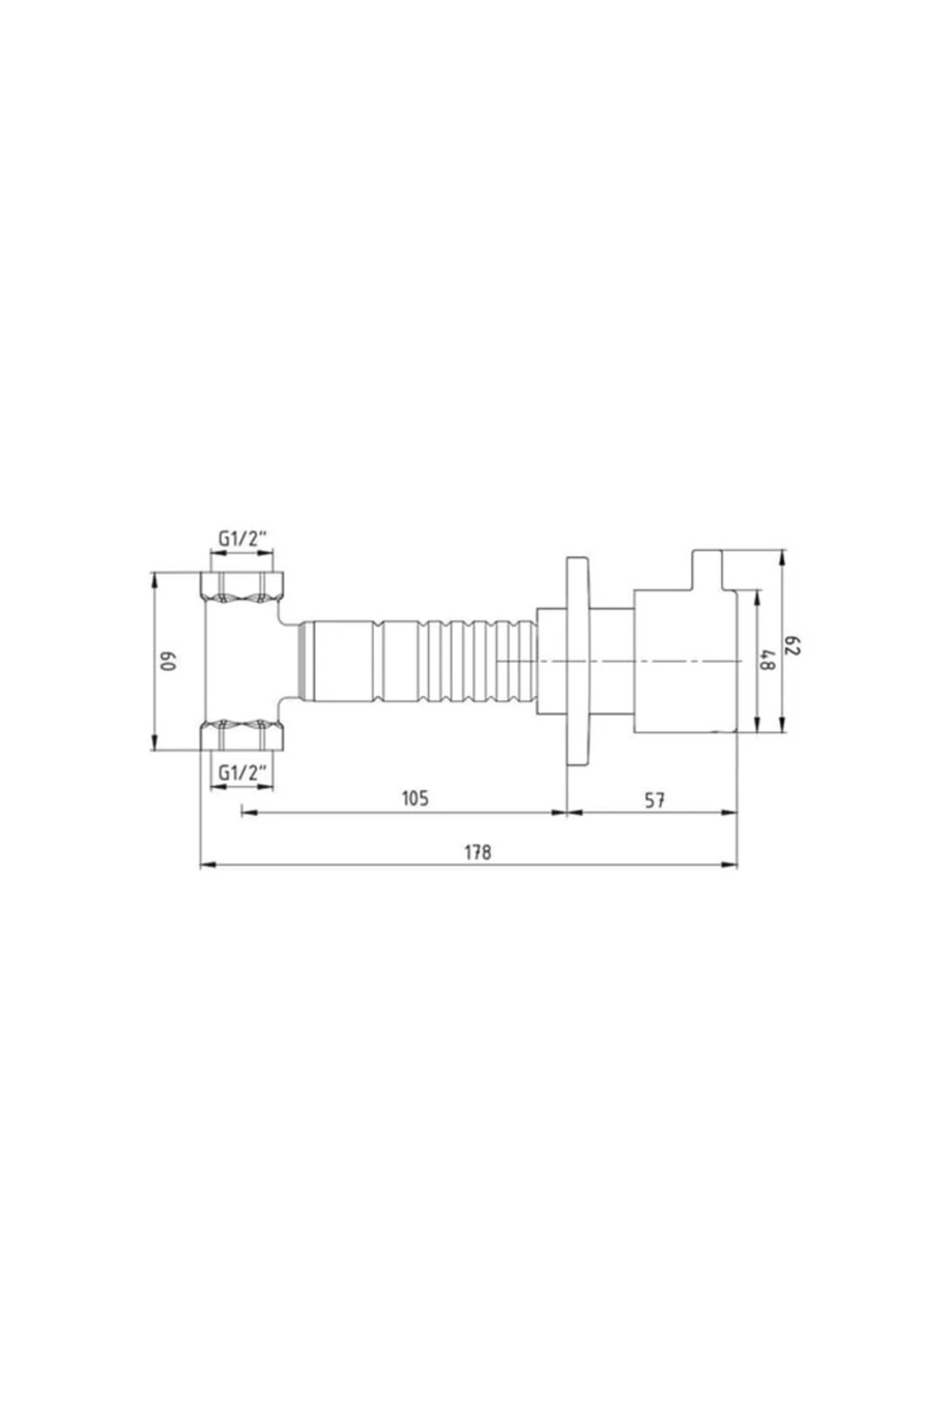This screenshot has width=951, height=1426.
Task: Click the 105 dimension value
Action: [414, 798]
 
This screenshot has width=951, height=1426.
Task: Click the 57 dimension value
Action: [654, 800]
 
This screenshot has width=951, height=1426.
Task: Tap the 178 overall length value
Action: [478, 852]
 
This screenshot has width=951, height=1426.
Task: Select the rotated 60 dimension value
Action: [170, 661]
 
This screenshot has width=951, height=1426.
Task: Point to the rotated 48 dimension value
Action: [766, 660]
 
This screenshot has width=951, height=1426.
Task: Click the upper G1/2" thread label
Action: [243, 540]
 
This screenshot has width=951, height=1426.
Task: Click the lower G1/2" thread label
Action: [243, 772]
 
